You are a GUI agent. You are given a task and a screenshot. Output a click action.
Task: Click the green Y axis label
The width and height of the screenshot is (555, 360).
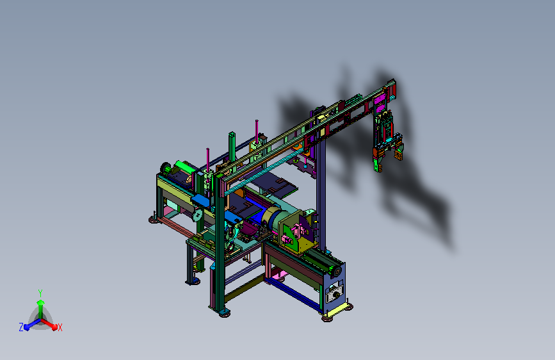tap(40, 293)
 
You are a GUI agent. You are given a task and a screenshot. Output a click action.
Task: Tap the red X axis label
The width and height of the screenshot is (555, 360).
tap(60, 327)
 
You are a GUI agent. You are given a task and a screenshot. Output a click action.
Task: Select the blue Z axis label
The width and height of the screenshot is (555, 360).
tap(21, 327)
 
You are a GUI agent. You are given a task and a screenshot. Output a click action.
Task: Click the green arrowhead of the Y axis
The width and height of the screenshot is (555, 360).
tap(41, 302)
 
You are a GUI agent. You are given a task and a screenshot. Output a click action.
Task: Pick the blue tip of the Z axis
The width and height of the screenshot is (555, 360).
tap(26, 327)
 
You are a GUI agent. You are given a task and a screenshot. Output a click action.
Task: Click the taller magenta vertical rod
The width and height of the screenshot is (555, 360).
tap(257, 132)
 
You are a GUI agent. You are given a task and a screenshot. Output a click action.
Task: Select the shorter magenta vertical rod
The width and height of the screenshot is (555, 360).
tap(208, 160)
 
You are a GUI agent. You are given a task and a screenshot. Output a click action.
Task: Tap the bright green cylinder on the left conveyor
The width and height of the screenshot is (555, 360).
tap(184, 167)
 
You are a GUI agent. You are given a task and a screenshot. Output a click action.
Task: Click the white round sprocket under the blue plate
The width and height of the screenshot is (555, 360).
tap(198, 215)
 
